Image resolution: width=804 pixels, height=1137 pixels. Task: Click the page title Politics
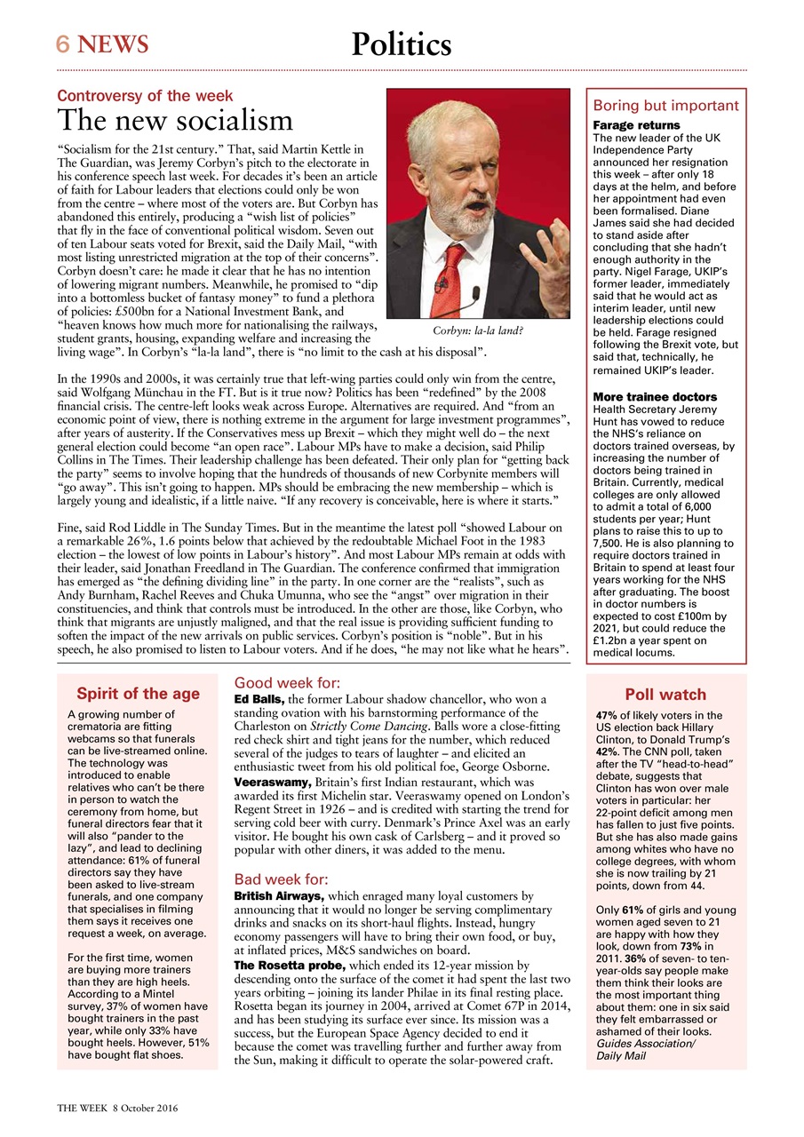coord(401,44)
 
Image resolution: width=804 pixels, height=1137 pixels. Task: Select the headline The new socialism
coord(175,120)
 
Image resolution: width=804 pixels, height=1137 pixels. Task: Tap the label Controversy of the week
coord(145,95)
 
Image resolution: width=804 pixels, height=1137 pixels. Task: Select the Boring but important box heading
coord(665,105)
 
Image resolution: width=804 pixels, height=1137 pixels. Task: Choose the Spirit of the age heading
coord(138,694)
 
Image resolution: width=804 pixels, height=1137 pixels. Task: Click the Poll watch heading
coord(665,694)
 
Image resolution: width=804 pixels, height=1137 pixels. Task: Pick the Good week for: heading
coord(286,683)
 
